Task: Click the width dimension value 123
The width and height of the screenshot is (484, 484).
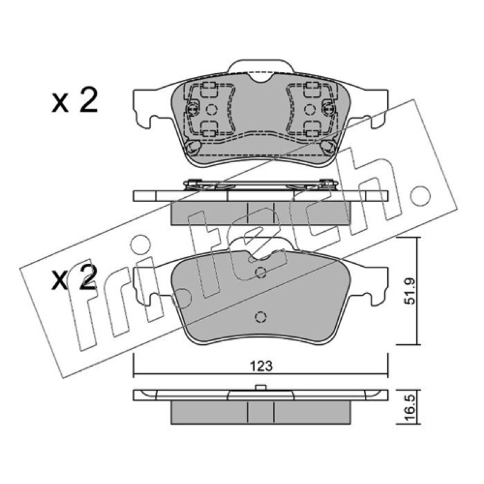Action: (261, 366)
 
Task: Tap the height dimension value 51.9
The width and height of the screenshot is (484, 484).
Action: (410, 291)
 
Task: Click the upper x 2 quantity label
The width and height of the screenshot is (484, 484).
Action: (74, 100)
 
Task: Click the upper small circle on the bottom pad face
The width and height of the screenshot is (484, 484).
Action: (261, 272)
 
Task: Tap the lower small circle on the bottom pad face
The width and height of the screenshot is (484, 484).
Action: (261, 317)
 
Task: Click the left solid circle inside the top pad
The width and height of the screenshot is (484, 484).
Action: (211, 110)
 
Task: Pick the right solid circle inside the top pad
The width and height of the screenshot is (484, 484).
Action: (309, 110)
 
